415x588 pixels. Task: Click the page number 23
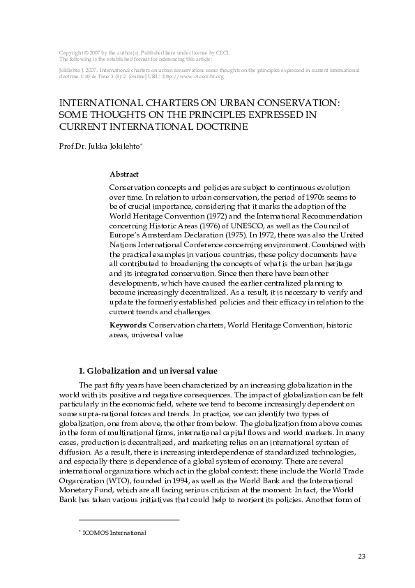(x=361, y=556)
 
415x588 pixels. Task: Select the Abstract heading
(x=124, y=174)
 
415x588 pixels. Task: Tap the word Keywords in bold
(x=128, y=325)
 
